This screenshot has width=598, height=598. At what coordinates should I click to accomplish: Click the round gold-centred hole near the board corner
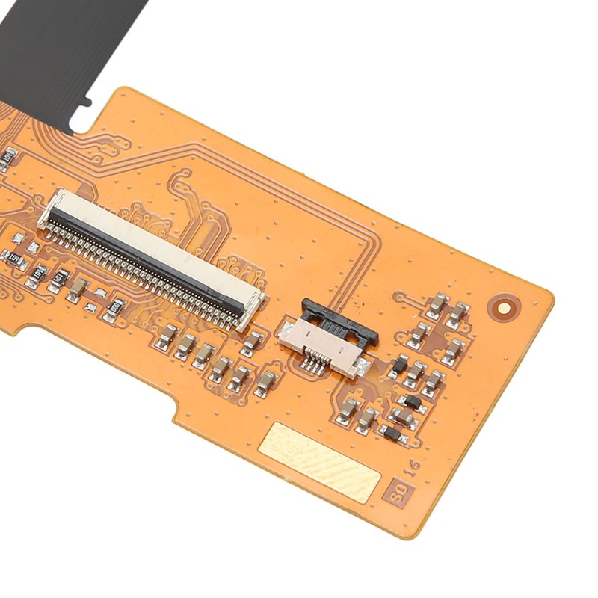[505, 306]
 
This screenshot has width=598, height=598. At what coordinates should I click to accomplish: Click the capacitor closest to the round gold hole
[457, 314]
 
